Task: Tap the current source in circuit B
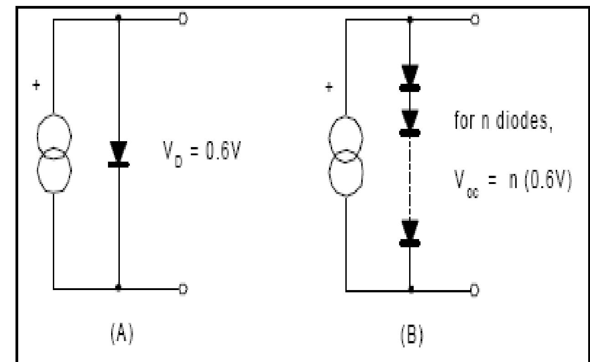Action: pos(346,155)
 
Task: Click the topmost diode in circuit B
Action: pos(410,77)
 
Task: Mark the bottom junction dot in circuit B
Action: pos(410,290)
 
